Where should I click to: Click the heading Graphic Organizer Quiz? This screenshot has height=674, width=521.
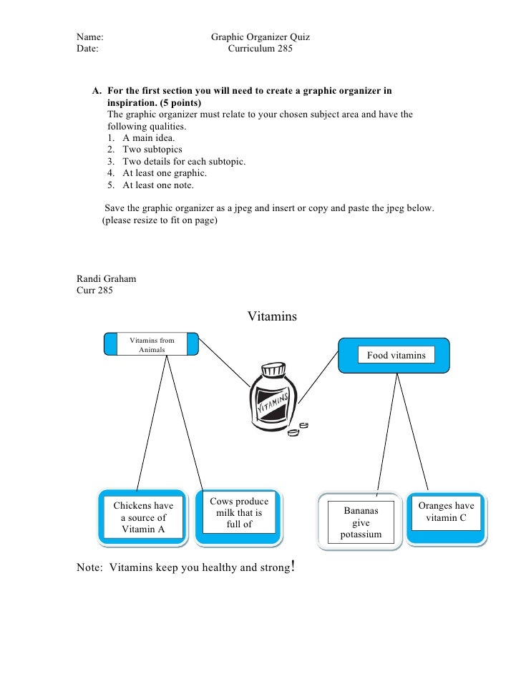[260, 37]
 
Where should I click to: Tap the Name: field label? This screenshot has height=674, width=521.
[90, 37]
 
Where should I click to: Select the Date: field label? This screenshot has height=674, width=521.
[88, 50]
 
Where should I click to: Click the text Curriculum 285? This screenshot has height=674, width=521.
[260, 50]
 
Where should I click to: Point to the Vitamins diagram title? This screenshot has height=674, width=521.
[272, 316]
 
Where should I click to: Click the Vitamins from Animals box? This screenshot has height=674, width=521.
[151, 345]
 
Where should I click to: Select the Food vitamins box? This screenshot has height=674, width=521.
[396, 355]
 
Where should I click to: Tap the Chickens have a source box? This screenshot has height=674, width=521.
[143, 517]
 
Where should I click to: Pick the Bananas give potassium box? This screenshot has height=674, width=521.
[361, 523]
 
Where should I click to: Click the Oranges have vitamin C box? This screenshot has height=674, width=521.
[446, 512]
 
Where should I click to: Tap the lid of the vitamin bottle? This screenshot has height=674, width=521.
[273, 370]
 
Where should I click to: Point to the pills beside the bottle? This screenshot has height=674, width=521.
[306, 426]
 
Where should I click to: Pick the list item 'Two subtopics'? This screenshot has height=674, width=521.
[152, 150]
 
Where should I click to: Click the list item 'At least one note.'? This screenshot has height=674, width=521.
[158, 185]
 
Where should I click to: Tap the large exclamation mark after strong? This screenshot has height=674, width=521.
[294, 568]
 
